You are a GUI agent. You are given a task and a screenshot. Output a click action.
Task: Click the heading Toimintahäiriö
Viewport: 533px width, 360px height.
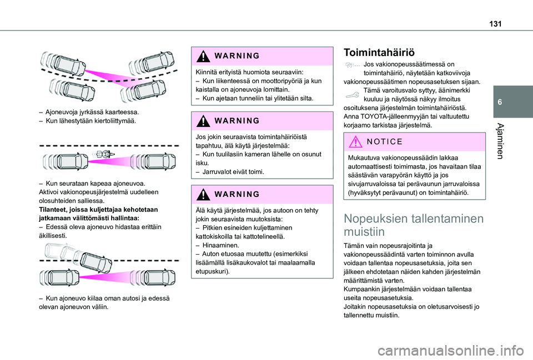379,53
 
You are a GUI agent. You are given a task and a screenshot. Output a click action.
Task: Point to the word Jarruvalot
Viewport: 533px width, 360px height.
214,172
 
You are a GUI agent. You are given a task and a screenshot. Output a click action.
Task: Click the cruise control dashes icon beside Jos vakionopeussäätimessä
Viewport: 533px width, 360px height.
353,65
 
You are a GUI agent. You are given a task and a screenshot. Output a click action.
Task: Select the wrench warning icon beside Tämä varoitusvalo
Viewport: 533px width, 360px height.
353,93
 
